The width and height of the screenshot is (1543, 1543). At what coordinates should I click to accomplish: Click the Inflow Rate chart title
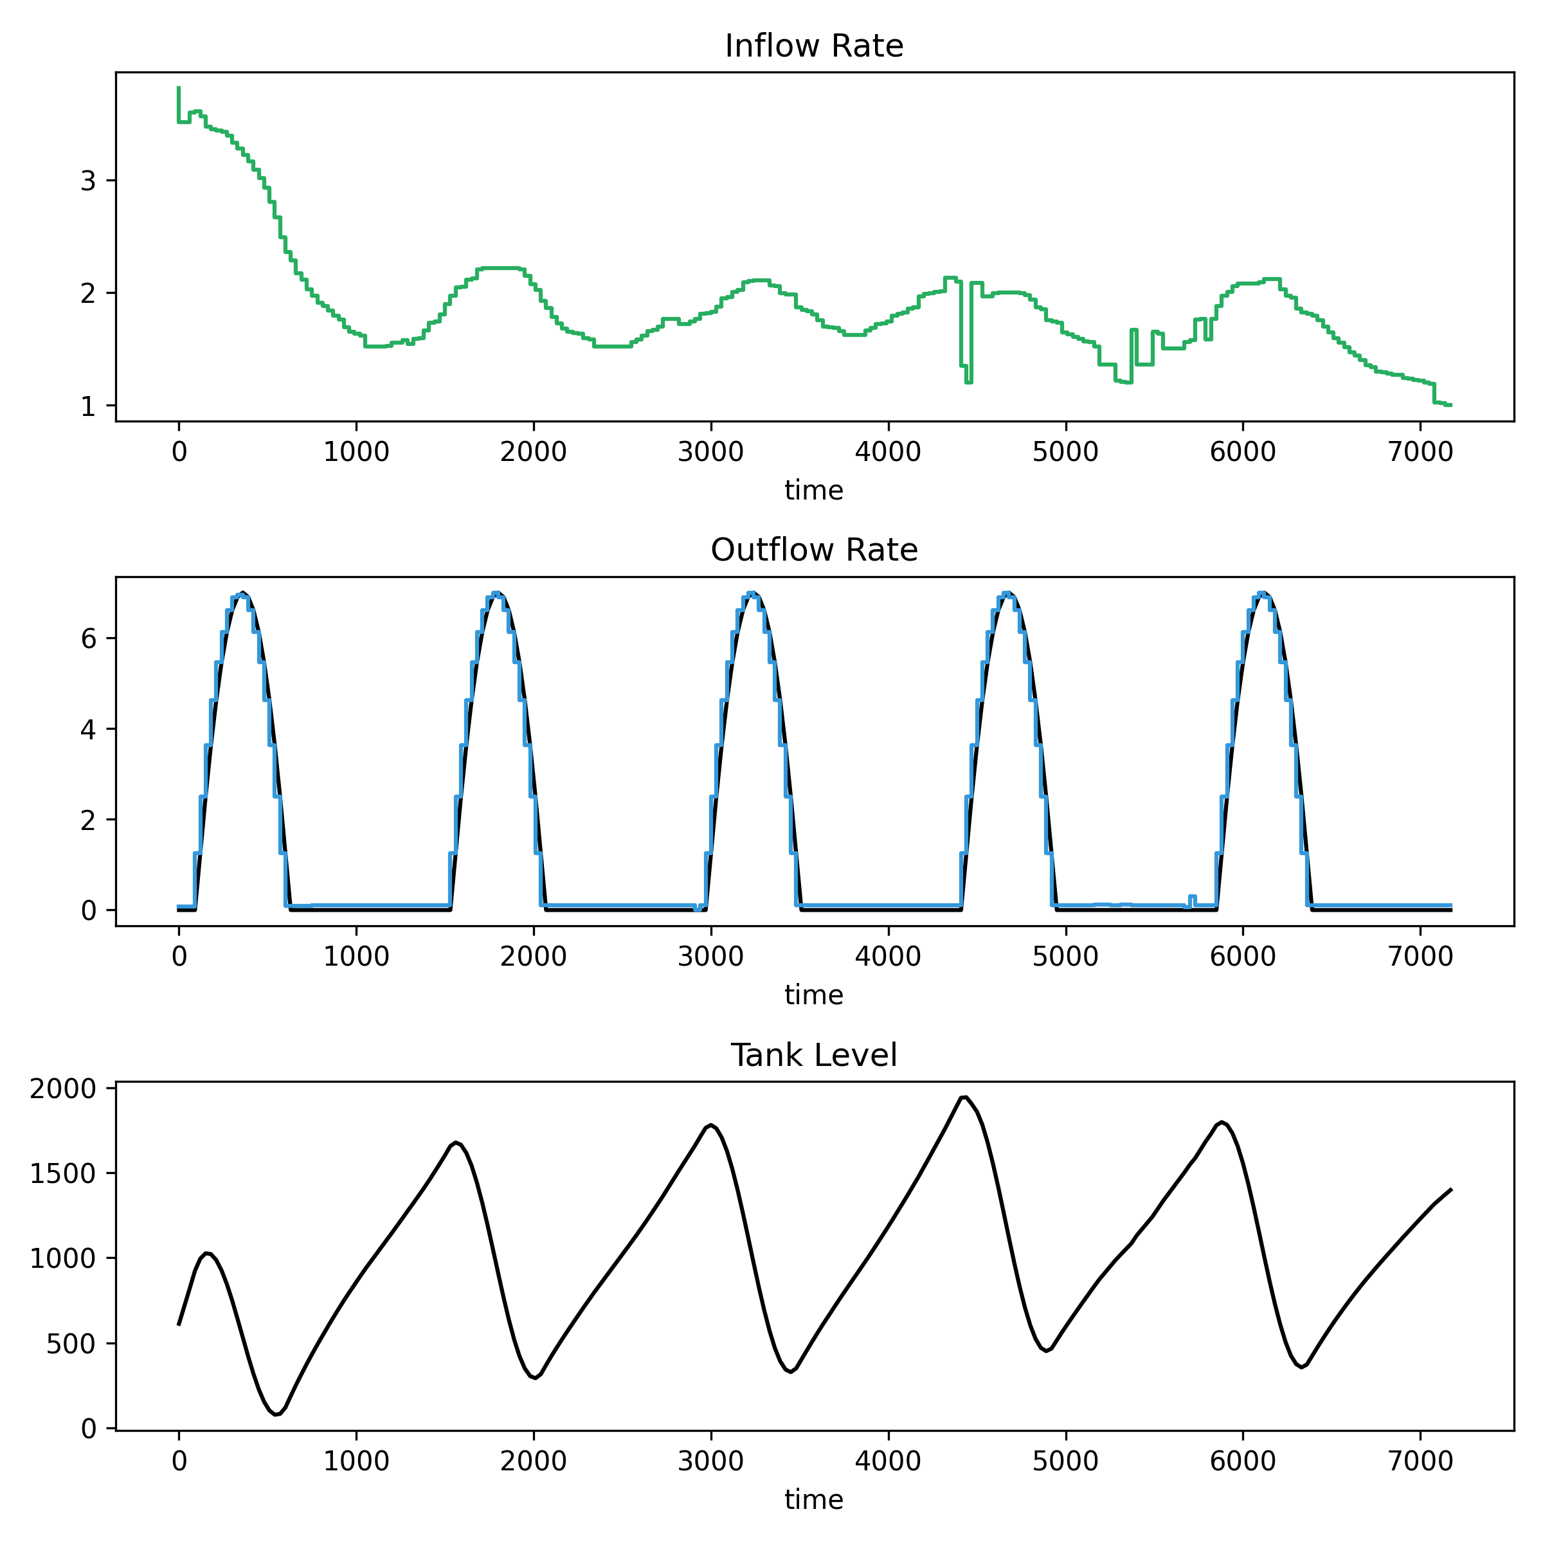814,46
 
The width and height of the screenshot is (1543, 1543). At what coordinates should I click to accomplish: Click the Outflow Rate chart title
814,550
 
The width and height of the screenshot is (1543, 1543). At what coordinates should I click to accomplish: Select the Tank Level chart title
814,1056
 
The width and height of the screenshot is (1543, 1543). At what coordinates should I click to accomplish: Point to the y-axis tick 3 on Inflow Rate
88,181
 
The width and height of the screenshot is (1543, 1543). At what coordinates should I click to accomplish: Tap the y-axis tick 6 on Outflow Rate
88,639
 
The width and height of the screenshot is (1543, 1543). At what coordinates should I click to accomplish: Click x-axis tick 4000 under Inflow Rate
887,452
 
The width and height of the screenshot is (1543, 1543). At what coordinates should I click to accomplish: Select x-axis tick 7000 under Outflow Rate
1419,956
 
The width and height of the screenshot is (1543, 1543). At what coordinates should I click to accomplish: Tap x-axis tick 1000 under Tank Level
356,1461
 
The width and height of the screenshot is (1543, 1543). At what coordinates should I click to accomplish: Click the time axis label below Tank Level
814,1500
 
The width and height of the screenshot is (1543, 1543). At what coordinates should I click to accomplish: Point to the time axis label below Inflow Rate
814,491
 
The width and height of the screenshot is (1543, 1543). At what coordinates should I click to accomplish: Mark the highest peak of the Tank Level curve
964,1097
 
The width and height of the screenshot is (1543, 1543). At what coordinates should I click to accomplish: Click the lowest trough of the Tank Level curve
276,1414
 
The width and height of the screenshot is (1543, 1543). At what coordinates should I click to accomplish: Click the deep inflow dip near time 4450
968,381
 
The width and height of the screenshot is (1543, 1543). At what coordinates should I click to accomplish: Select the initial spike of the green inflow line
178,89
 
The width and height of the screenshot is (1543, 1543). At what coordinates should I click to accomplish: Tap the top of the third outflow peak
752,593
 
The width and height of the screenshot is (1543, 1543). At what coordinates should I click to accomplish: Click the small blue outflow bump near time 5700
1191,897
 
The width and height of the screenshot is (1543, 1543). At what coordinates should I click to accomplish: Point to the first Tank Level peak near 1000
207,1253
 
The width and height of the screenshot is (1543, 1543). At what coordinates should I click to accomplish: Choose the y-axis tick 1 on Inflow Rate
88,406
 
